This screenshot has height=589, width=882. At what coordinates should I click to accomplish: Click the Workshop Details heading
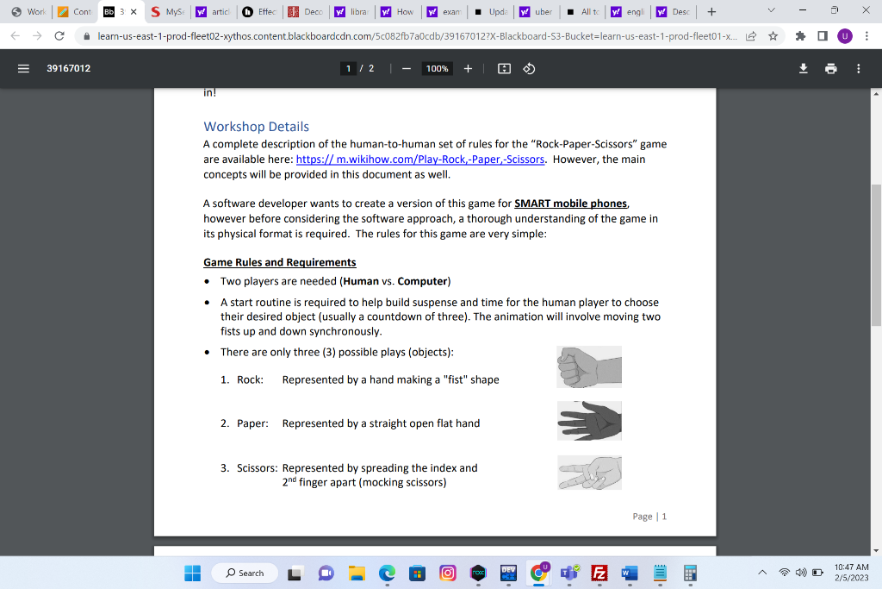coord(256,127)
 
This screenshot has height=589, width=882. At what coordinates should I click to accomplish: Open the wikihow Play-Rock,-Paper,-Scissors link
coord(420,160)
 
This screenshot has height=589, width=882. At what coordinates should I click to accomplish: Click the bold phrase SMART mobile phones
coord(571,204)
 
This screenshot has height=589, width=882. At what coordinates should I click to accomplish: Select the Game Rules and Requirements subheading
coord(279,262)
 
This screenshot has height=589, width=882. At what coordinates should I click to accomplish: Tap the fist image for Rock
coord(589,367)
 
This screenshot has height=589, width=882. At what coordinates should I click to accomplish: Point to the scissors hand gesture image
coord(589,473)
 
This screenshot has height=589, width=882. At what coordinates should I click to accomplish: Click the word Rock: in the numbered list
coord(250,379)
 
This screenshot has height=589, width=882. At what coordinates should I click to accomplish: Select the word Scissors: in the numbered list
coord(257,468)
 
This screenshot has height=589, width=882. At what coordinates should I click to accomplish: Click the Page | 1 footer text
coord(649,517)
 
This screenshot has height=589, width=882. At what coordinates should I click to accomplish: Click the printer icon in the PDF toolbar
coord(830,68)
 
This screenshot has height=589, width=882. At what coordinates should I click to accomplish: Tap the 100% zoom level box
coord(438,68)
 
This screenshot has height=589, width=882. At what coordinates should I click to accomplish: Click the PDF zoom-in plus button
coord(468,68)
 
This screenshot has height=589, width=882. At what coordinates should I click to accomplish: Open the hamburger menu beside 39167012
coord(24,68)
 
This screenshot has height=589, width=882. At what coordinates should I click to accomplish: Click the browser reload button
coord(59,36)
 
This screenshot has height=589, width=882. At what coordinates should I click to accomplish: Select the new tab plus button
coord(711,12)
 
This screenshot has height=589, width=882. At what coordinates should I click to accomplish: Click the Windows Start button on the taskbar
coord(193,573)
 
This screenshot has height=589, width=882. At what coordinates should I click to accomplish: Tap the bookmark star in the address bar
coord(773,36)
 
